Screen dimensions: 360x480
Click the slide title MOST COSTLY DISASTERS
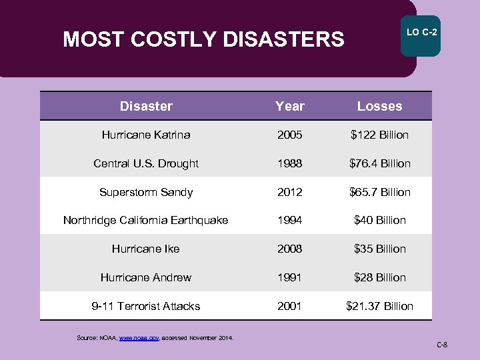tap(203, 40)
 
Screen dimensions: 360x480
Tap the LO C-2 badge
tap(421, 33)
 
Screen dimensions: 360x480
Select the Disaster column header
tap(146, 106)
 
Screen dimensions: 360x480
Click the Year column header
tap(290, 106)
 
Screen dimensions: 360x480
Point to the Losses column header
tap(379, 106)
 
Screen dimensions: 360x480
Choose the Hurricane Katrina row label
tap(146, 135)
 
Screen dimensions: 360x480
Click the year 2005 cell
tap(290, 135)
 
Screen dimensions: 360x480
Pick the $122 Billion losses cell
tap(379, 135)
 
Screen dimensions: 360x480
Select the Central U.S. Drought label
tap(146, 163)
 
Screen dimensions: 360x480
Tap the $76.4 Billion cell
tap(379, 163)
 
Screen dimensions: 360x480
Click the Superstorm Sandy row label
tap(146, 192)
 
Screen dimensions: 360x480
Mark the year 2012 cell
tap(290, 192)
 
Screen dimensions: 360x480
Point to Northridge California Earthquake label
tap(145, 220)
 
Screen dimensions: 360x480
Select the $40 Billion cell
tap(379, 220)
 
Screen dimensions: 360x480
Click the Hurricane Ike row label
tap(146, 249)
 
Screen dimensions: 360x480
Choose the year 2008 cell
tap(290, 249)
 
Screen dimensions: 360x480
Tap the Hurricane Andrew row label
tap(146, 277)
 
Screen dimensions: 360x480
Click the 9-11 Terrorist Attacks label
tap(146, 306)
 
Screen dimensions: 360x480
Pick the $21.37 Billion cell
tap(379, 306)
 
